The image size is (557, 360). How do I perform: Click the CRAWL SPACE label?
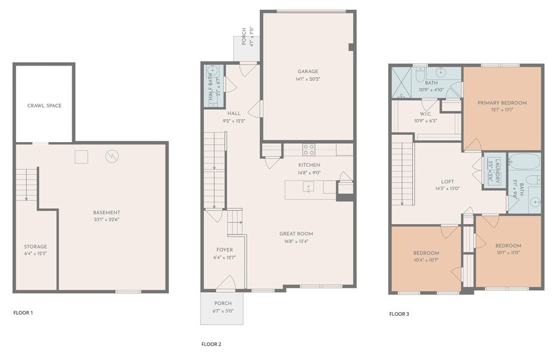44,105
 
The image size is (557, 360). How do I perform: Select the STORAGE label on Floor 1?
36,247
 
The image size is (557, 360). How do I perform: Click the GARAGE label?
308,72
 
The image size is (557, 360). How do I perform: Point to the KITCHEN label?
309,165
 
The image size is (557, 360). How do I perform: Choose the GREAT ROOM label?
296,233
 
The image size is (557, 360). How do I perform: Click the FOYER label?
225,250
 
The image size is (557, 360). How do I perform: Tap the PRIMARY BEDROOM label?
502,103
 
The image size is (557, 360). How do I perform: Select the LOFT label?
448,181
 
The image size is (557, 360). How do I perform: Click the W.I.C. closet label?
426,114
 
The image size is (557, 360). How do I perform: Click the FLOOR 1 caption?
23,313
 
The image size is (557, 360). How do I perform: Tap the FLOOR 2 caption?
211,344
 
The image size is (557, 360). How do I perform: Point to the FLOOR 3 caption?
399,314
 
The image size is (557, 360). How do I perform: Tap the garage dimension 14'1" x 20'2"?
308,78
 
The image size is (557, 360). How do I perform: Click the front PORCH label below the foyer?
223,304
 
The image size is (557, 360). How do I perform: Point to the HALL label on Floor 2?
234,113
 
